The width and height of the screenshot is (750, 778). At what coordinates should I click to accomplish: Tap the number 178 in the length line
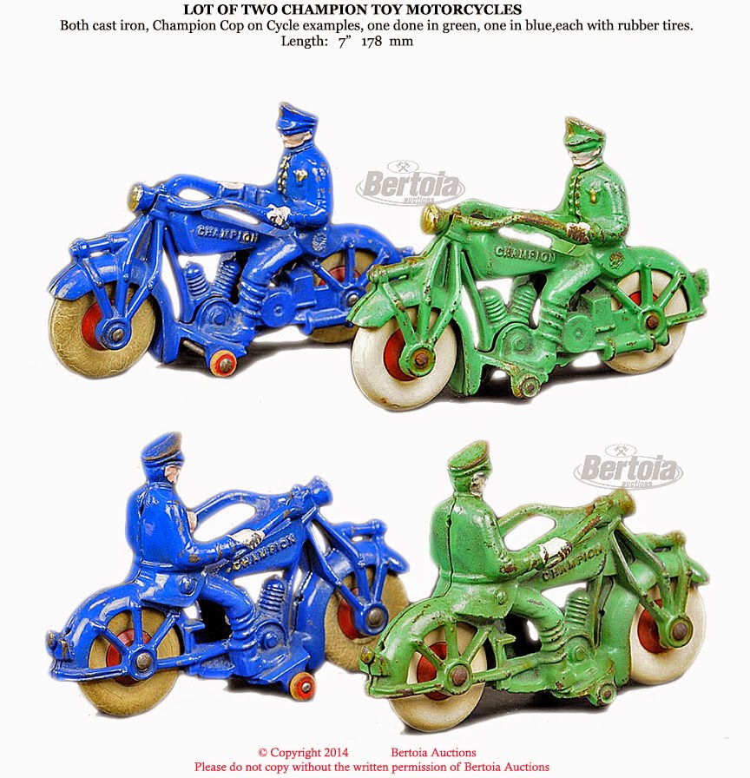coord(372,41)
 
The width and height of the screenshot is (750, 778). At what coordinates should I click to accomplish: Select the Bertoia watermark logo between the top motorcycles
coord(411,182)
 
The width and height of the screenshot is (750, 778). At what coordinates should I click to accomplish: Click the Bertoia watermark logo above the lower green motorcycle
coord(628,466)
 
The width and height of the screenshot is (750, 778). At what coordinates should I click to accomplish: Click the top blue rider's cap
coord(296,117)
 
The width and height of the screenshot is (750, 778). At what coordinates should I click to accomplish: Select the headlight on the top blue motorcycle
coord(135,196)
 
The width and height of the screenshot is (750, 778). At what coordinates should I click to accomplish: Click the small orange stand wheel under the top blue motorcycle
coord(223,363)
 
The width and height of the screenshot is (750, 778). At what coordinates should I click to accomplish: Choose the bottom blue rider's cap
coord(163,449)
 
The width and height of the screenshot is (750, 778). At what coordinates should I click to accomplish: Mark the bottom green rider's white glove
coord(555,548)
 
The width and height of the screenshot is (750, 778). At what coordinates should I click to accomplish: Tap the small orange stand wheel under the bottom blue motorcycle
coord(303,686)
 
